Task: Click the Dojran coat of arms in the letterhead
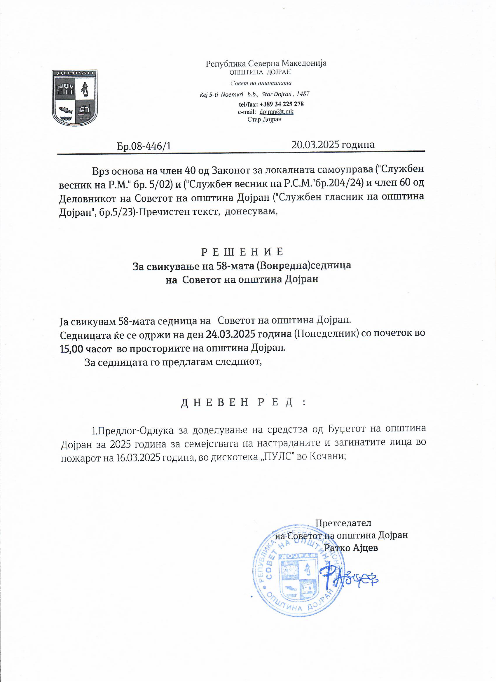(75, 98)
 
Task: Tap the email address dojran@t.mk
(276, 111)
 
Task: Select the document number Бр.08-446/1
(144, 146)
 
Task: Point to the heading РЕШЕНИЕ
(242, 252)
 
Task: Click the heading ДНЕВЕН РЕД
(243, 402)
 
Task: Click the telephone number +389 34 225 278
(281, 104)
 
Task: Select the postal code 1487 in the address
(303, 94)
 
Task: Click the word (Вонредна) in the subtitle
(283, 265)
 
